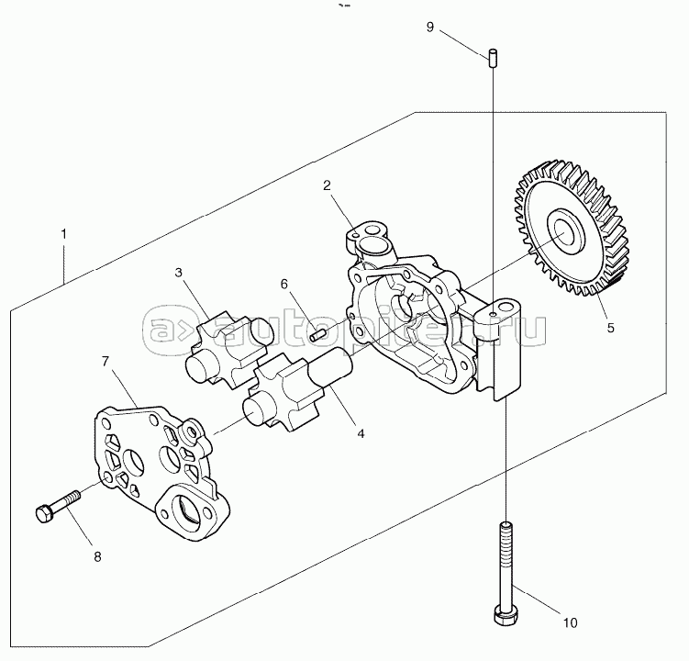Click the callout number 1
63,234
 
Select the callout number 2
327,185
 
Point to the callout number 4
361,432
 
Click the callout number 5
611,325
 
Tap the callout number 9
429,26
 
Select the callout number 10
570,622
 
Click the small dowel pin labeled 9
492,56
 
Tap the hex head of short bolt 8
43,513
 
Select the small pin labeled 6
319,333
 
